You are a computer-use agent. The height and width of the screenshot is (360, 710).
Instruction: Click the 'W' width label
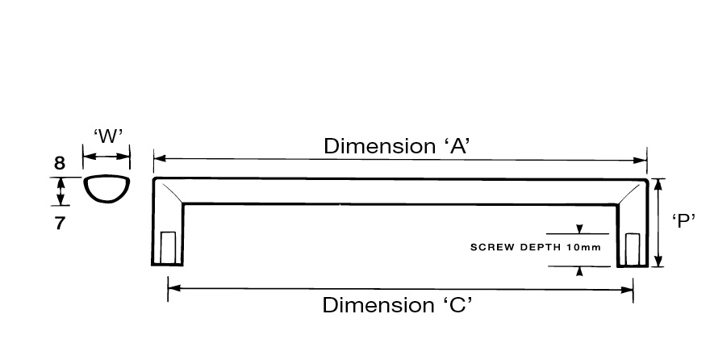pos(107,136)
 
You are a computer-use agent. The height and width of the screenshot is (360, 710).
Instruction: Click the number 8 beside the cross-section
pos(59,164)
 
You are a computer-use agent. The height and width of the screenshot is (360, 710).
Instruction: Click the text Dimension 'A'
pos(396,146)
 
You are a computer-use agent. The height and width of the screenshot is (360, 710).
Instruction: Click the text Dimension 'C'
pos(396,306)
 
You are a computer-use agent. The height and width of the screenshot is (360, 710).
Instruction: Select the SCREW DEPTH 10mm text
pos(535,247)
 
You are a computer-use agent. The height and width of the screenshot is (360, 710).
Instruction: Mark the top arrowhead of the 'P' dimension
pos(660,183)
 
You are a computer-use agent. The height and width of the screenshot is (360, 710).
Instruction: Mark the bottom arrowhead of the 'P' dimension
pos(660,262)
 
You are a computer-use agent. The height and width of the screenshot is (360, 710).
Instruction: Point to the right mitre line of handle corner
pos(631,192)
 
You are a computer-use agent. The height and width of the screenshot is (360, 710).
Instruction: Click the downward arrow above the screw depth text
pos(579,230)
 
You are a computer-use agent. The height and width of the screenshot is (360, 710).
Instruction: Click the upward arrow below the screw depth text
pos(579,270)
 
